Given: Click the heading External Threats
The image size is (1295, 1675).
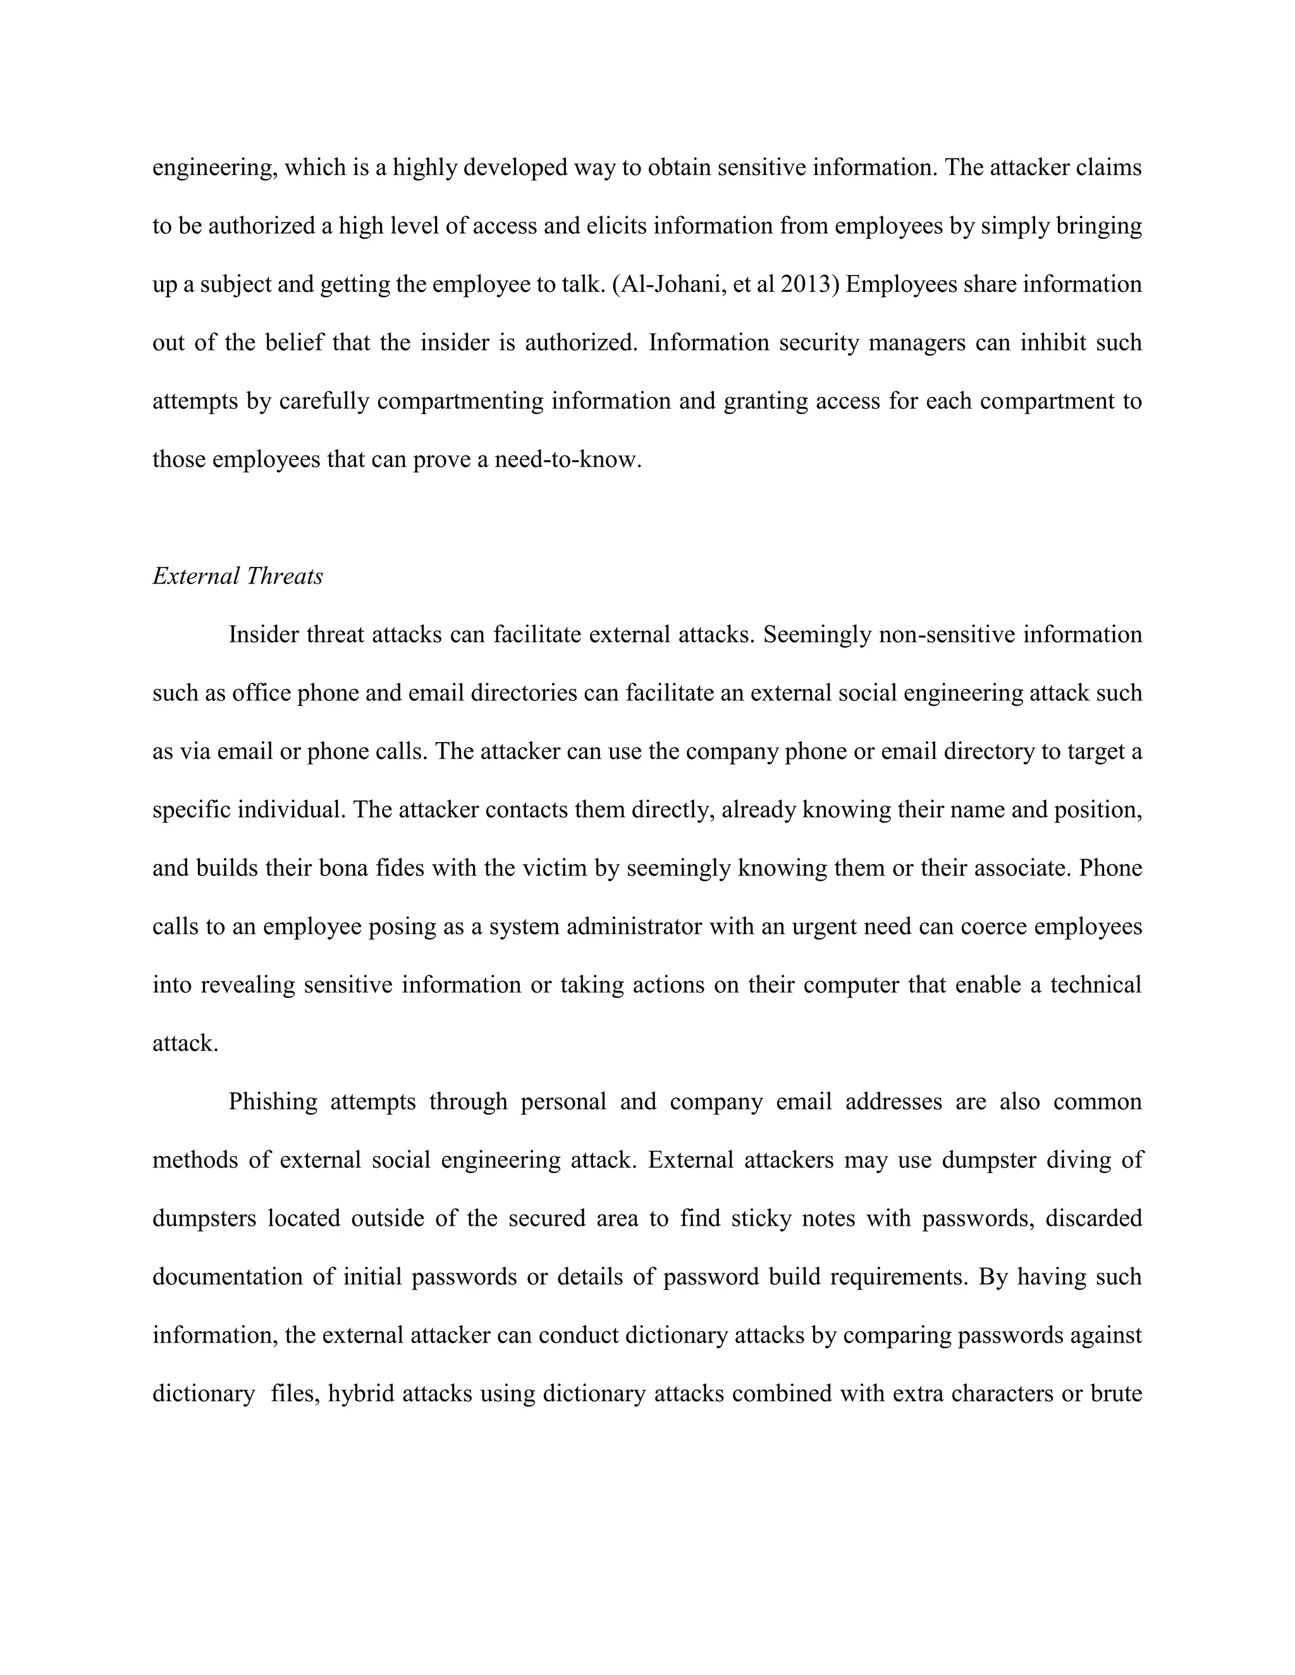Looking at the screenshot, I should [238, 576].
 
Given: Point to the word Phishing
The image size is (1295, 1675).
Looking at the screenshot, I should [273, 1102].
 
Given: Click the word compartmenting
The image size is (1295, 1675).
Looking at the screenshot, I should [460, 401].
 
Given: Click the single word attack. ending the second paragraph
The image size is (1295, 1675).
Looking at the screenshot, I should [186, 1044].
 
